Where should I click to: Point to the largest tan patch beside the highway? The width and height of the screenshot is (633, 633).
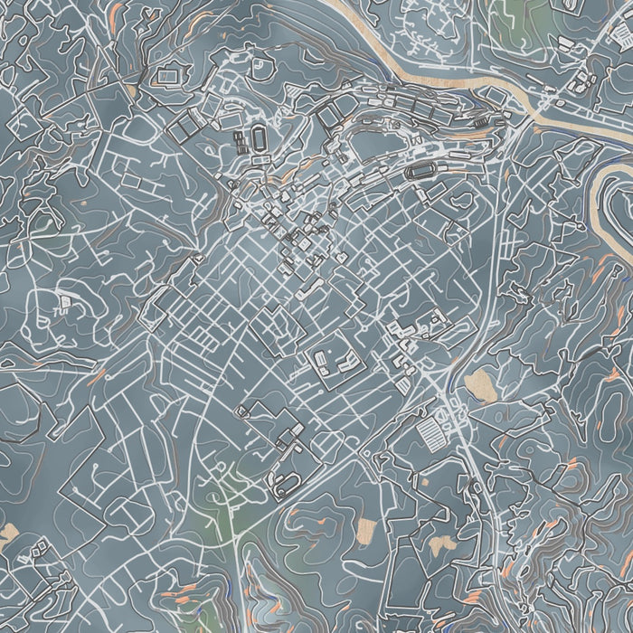pos(480,385)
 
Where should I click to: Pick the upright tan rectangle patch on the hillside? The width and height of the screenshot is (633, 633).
pos(366,530)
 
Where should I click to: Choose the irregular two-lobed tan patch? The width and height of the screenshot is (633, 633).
pos(442,545)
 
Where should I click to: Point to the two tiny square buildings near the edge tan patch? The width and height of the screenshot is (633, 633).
pos(41,547)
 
